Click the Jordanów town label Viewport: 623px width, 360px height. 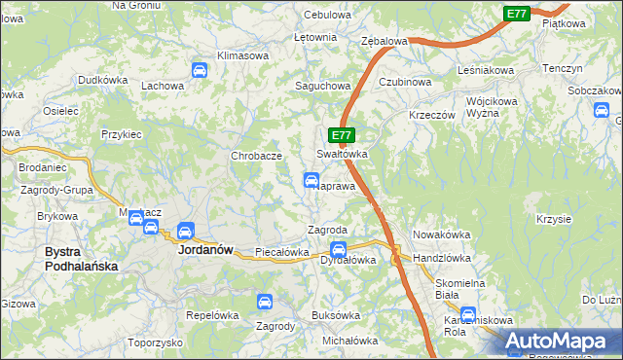coord(205,249)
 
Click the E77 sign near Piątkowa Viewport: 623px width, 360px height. coord(517,14)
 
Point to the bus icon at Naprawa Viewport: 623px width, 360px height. coord(311,180)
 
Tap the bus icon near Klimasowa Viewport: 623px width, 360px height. coord(199,70)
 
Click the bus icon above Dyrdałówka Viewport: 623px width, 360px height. coord(338,248)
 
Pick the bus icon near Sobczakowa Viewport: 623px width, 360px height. coord(600,110)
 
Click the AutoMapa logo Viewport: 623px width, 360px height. coord(560,340)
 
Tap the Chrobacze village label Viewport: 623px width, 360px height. coord(256,156)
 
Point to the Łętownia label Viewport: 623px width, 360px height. coord(314,37)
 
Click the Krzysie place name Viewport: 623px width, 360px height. coord(553,219)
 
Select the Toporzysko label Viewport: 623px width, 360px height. coord(155,342)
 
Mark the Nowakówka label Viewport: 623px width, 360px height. coord(441,234)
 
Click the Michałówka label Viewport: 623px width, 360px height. coord(349,341)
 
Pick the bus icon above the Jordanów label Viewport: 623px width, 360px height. coord(184,232)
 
